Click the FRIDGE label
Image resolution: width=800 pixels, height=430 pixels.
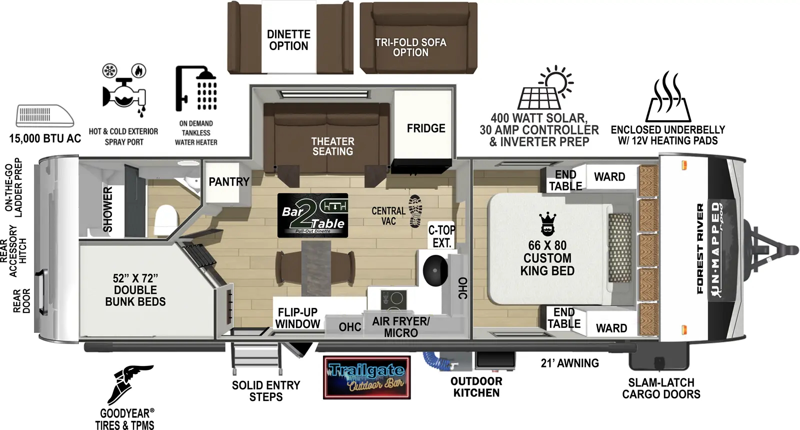coord(425,129)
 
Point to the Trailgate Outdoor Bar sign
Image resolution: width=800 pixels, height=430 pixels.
coord(366,377)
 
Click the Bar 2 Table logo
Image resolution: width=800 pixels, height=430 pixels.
coord(312,215)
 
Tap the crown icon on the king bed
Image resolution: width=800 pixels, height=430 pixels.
coord(547,224)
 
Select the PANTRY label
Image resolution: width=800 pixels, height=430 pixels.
coord(228,182)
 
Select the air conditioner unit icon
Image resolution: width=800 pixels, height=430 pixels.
coord(44,116)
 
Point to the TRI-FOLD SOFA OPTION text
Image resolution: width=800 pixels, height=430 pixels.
coord(410,47)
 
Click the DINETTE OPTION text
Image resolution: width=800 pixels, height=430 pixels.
coord(288,40)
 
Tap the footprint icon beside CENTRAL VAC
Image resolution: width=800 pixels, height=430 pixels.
coord(415,211)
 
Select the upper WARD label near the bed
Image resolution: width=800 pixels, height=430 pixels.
coord(609,177)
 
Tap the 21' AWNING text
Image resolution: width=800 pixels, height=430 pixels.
coord(569,363)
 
